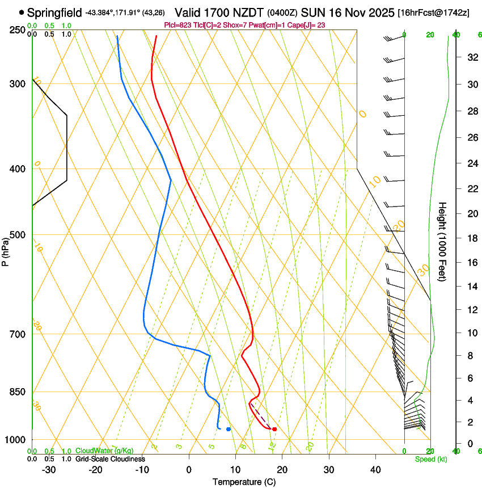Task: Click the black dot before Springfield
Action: point(22,12)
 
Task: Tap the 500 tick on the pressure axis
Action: point(16,235)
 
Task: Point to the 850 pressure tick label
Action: point(16,392)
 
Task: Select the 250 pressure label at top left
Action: point(16,30)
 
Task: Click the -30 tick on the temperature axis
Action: point(49,469)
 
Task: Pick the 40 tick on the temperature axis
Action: point(375,469)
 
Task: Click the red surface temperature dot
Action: point(274,429)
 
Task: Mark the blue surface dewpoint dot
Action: point(229,429)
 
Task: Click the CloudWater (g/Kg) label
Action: point(104,451)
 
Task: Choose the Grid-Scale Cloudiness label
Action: point(110,458)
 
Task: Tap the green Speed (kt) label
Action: point(430,458)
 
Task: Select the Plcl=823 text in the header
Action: point(177,25)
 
